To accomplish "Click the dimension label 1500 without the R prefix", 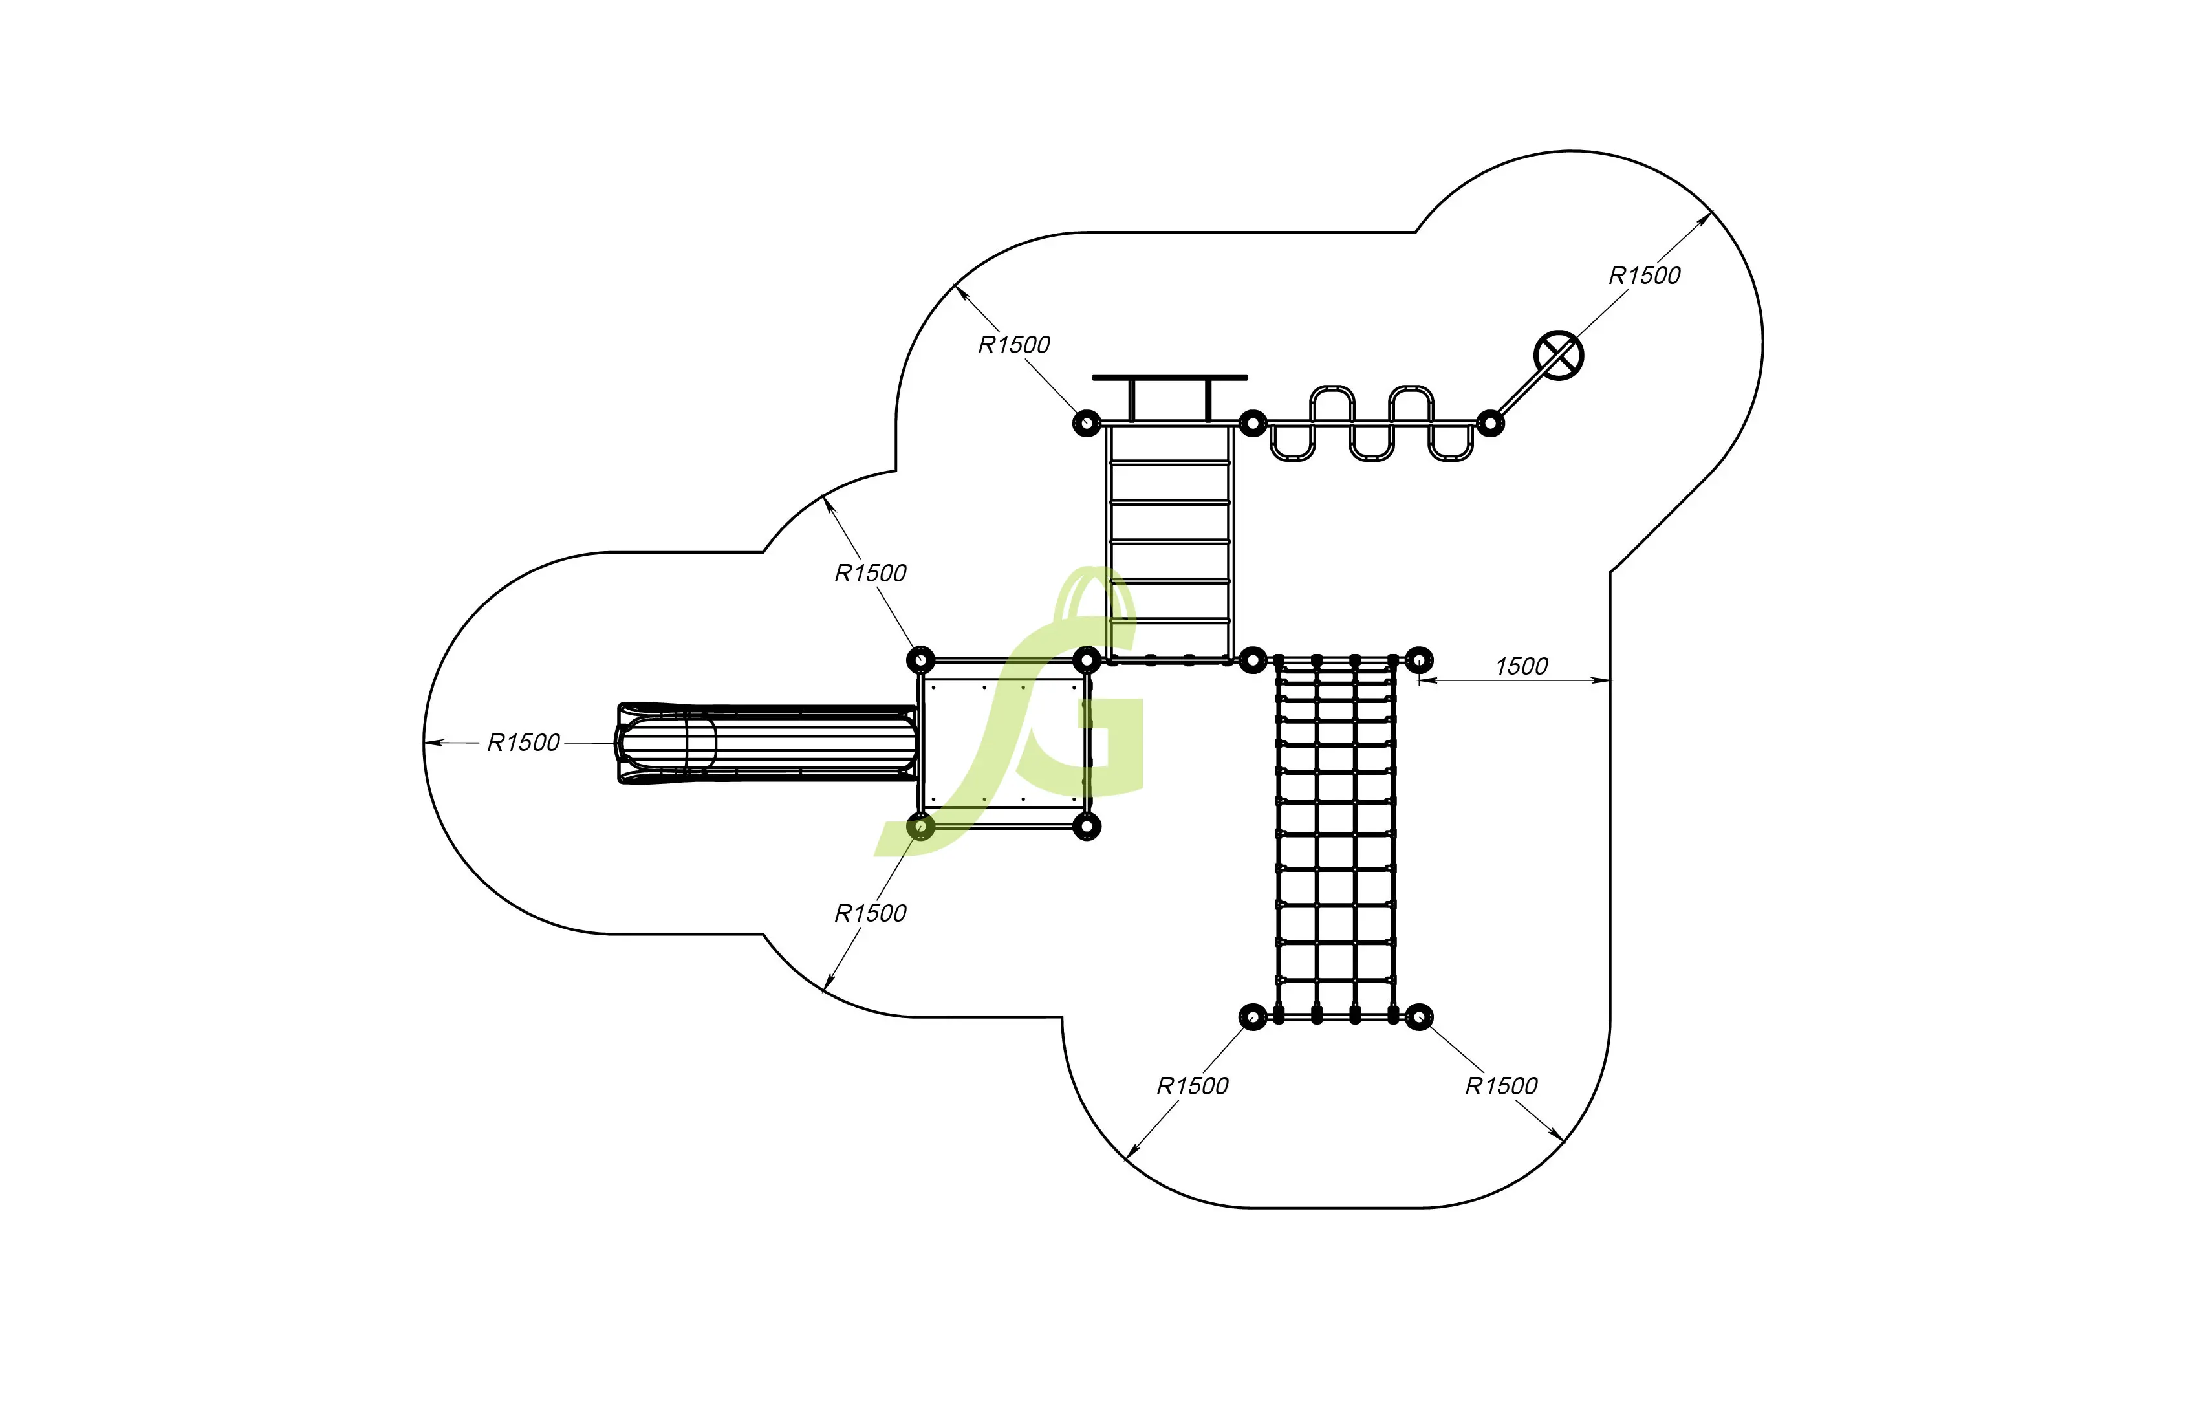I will click(1521, 666).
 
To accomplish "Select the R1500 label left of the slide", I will click(523, 743).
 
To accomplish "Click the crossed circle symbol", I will click(1558, 355).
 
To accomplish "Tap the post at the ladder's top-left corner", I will click(1087, 423).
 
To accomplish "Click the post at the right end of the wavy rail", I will click(1489, 423).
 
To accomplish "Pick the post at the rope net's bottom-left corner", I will click(1252, 1017).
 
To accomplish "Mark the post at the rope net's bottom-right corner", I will click(1419, 1017).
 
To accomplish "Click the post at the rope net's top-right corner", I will click(1419, 660).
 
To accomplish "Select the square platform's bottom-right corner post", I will click(1087, 826).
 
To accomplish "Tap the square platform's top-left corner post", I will click(920, 660).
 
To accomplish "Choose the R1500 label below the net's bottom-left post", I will click(1192, 1086).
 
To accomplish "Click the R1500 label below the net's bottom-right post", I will click(1500, 1086).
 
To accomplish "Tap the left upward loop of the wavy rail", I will click(1332, 402).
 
